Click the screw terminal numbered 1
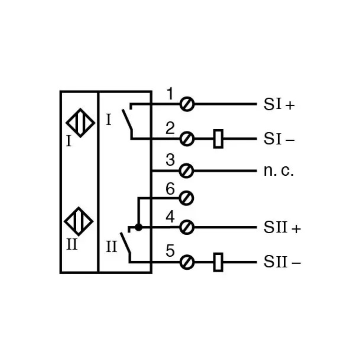click(187, 104)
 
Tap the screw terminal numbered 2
click(187, 139)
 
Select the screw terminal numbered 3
click(186, 171)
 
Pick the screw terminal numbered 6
click(186, 198)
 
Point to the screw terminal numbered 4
click(186, 227)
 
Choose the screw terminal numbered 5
click(187, 262)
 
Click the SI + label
click(279, 104)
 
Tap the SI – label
click(279, 139)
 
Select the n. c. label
click(279, 171)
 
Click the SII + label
click(282, 227)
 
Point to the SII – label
click(282, 262)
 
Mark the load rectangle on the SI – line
click(219, 139)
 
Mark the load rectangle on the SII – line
click(218, 262)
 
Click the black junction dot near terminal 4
click(139, 227)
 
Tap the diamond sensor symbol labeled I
click(80, 123)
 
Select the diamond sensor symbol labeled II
click(79, 221)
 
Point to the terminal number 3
click(170, 160)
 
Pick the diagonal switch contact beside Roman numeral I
click(127, 120)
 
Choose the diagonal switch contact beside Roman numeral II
click(125, 243)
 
